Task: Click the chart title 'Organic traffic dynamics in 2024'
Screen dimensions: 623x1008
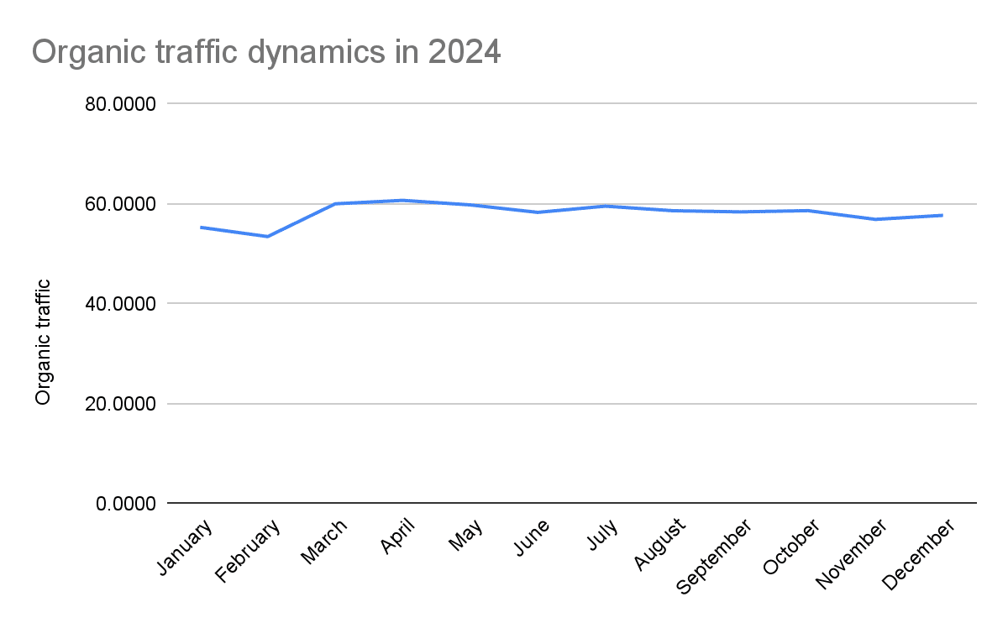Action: pyautogui.click(x=265, y=53)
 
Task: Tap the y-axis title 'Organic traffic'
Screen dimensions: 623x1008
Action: pyautogui.click(x=43, y=342)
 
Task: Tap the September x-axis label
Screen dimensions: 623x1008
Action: pyautogui.click(x=714, y=556)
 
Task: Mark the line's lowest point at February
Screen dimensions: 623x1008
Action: pyautogui.click(x=268, y=237)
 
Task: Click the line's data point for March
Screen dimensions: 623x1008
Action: pyautogui.click(x=335, y=203)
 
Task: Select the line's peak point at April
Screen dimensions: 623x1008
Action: pyautogui.click(x=402, y=200)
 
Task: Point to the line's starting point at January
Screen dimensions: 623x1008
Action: pyautogui.click(x=201, y=227)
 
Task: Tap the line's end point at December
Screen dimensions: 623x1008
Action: pyautogui.click(x=942, y=215)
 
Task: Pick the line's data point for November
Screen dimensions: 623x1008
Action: pyautogui.click(x=875, y=219)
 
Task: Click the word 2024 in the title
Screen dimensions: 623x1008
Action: pyautogui.click(x=465, y=53)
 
